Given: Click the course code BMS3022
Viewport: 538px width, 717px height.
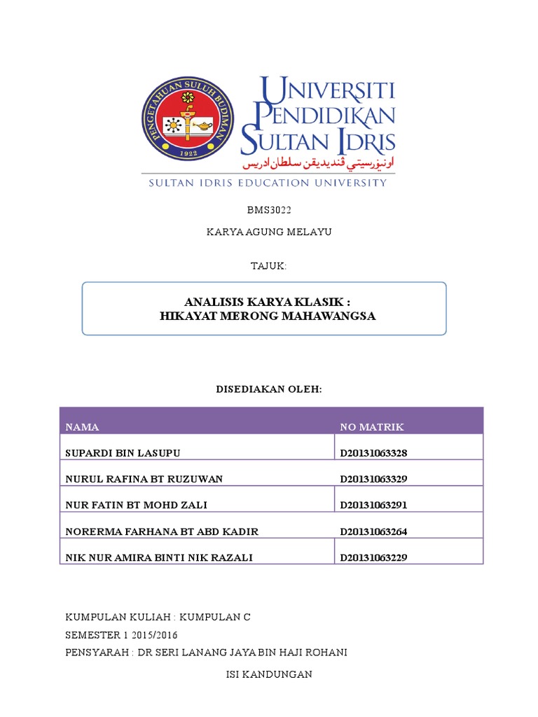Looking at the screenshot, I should click(x=269, y=209).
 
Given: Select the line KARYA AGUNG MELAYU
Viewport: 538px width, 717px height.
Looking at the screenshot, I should click(x=269, y=232).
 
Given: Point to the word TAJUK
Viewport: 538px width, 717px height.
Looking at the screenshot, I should click(x=269, y=266).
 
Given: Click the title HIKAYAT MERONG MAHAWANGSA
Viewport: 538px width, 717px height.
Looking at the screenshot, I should click(x=268, y=316).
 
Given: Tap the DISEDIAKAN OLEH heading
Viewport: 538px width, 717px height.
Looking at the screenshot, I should click(x=269, y=389).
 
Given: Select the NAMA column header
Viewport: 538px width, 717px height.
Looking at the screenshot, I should click(x=82, y=427).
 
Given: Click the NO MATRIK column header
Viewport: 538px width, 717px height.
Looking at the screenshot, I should click(x=372, y=427).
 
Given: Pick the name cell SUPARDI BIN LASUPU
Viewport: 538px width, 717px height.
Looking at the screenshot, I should click(x=123, y=453).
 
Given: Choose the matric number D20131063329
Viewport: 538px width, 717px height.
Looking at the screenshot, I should click(x=373, y=479).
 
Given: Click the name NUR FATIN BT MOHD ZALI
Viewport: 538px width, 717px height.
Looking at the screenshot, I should click(x=136, y=505).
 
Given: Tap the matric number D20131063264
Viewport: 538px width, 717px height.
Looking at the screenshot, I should click(x=373, y=531).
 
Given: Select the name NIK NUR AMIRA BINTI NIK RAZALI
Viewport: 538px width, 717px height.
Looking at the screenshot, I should click(x=159, y=557).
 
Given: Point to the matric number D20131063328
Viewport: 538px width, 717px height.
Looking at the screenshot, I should click(x=373, y=453).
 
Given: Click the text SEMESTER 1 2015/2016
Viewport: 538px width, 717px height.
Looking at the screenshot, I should click(x=121, y=635).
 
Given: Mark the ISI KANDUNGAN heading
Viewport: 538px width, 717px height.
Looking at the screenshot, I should click(x=268, y=674).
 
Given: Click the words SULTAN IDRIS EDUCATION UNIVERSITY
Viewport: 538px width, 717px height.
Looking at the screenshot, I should click(x=267, y=183).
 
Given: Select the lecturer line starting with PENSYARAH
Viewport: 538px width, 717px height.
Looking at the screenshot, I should click(x=206, y=653).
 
